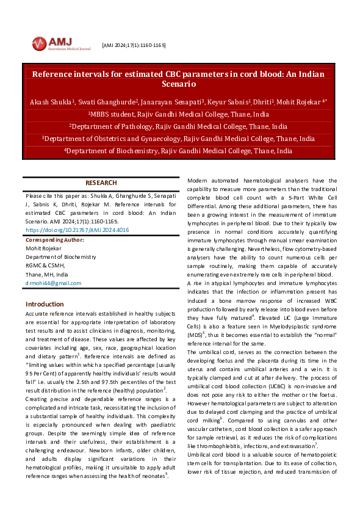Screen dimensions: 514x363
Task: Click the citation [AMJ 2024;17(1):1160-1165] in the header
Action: [x=134, y=46]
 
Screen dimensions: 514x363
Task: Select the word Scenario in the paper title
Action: [x=178, y=84]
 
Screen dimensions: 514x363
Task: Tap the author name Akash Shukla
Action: [x=51, y=101]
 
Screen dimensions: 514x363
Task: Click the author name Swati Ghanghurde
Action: [x=107, y=101]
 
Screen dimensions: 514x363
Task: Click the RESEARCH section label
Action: [x=101, y=183]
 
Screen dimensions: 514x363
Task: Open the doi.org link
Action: [x=77, y=230]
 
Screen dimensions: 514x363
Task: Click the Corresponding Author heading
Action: [x=56, y=241]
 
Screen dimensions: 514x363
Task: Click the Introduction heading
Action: [x=45, y=304]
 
